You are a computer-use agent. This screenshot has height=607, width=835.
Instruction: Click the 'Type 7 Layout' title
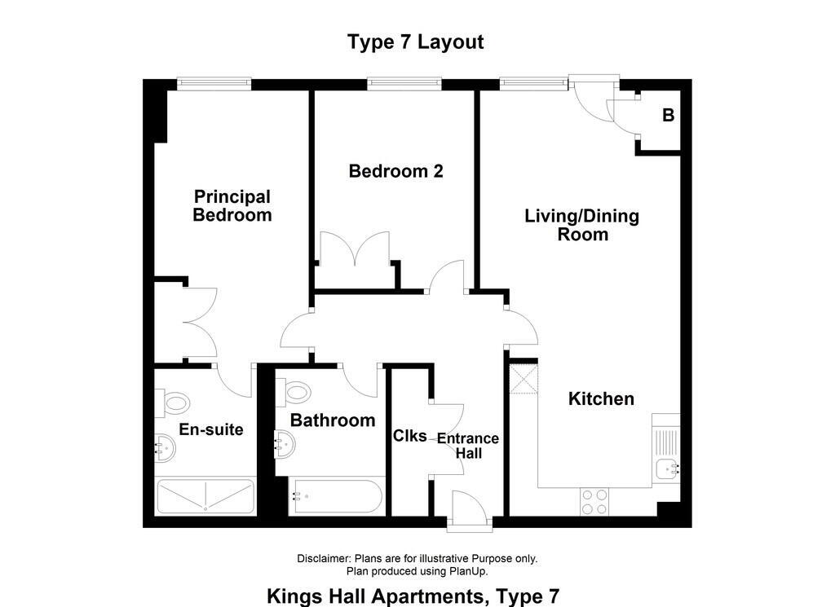[x=415, y=42]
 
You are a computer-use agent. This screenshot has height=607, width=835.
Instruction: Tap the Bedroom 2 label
[x=395, y=171]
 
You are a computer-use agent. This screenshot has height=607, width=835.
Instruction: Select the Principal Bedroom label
[x=232, y=206]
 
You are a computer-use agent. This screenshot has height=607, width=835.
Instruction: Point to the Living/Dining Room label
[x=582, y=225]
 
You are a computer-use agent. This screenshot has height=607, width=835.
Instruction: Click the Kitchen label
[x=601, y=399]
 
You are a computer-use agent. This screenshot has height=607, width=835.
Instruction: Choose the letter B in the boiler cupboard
[x=669, y=115]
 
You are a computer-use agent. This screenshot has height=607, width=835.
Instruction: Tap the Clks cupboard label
[x=409, y=436]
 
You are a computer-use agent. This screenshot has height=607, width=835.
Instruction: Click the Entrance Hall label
[x=468, y=446]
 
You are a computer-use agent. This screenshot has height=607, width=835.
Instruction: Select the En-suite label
[x=211, y=429]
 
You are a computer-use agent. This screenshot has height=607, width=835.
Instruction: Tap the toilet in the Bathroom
[x=293, y=392]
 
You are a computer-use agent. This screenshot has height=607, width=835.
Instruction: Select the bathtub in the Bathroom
[x=336, y=497]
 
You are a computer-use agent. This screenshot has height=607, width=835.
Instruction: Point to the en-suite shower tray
[x=205, y=497]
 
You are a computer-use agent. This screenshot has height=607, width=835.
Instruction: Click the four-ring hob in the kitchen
[x=594, y=502]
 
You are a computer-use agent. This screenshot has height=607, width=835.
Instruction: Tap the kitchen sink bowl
[x=667, y=470]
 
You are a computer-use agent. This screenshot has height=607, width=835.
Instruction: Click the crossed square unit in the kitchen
[x=524, y=379]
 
